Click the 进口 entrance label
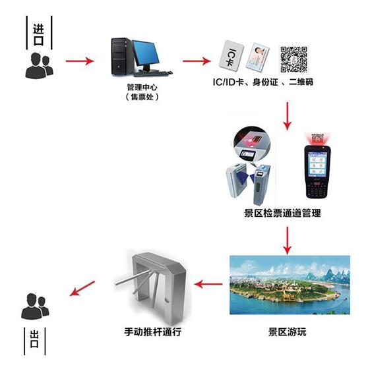click(38, 34)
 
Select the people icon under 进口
click(40, 65)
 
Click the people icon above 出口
click(35, 306)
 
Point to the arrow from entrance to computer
click(80, 61)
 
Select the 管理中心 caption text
click(142, 87)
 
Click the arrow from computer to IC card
click(197, 61)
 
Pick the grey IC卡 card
click(231, 56)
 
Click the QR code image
click(293, 59)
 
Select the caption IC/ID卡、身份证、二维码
click(262, 82)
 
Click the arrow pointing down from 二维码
click(288, 116)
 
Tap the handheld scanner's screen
click(317, 164)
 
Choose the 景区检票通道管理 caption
click(282, 213)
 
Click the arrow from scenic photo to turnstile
click(208, 283)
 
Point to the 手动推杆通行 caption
click(152, 331)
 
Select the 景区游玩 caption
click(287, 331)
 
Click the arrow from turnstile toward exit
click(82, 288)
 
